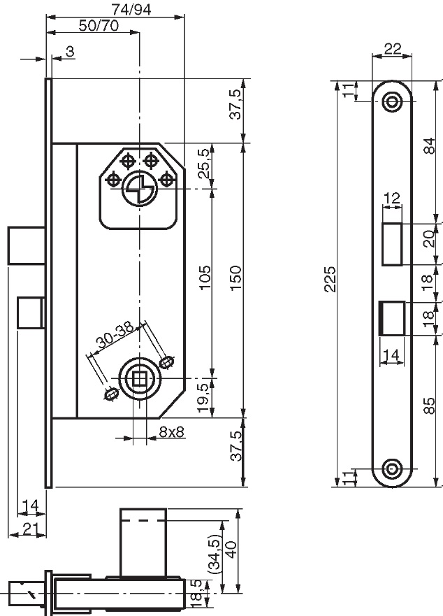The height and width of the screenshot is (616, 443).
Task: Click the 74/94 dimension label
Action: click(x=131, y=9)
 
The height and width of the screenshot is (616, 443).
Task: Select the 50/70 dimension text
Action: click(x=99, y=26)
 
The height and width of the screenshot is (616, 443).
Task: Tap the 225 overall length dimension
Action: click(x=331, y=279)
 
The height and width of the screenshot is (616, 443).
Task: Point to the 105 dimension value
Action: click(x=205, y=277)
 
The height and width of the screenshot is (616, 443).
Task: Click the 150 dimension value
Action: click(x=235, y=278)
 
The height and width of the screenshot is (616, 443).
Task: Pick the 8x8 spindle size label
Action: click(x=172, y=432)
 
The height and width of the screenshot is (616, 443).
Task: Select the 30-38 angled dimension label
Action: click(x=115, y=336)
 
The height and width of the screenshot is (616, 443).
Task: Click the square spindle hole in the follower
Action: click(x=139, y=379)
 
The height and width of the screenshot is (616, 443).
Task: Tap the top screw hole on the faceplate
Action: click(x=392, y=101)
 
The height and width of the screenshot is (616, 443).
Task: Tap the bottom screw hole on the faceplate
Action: click(x=392, y=468)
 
